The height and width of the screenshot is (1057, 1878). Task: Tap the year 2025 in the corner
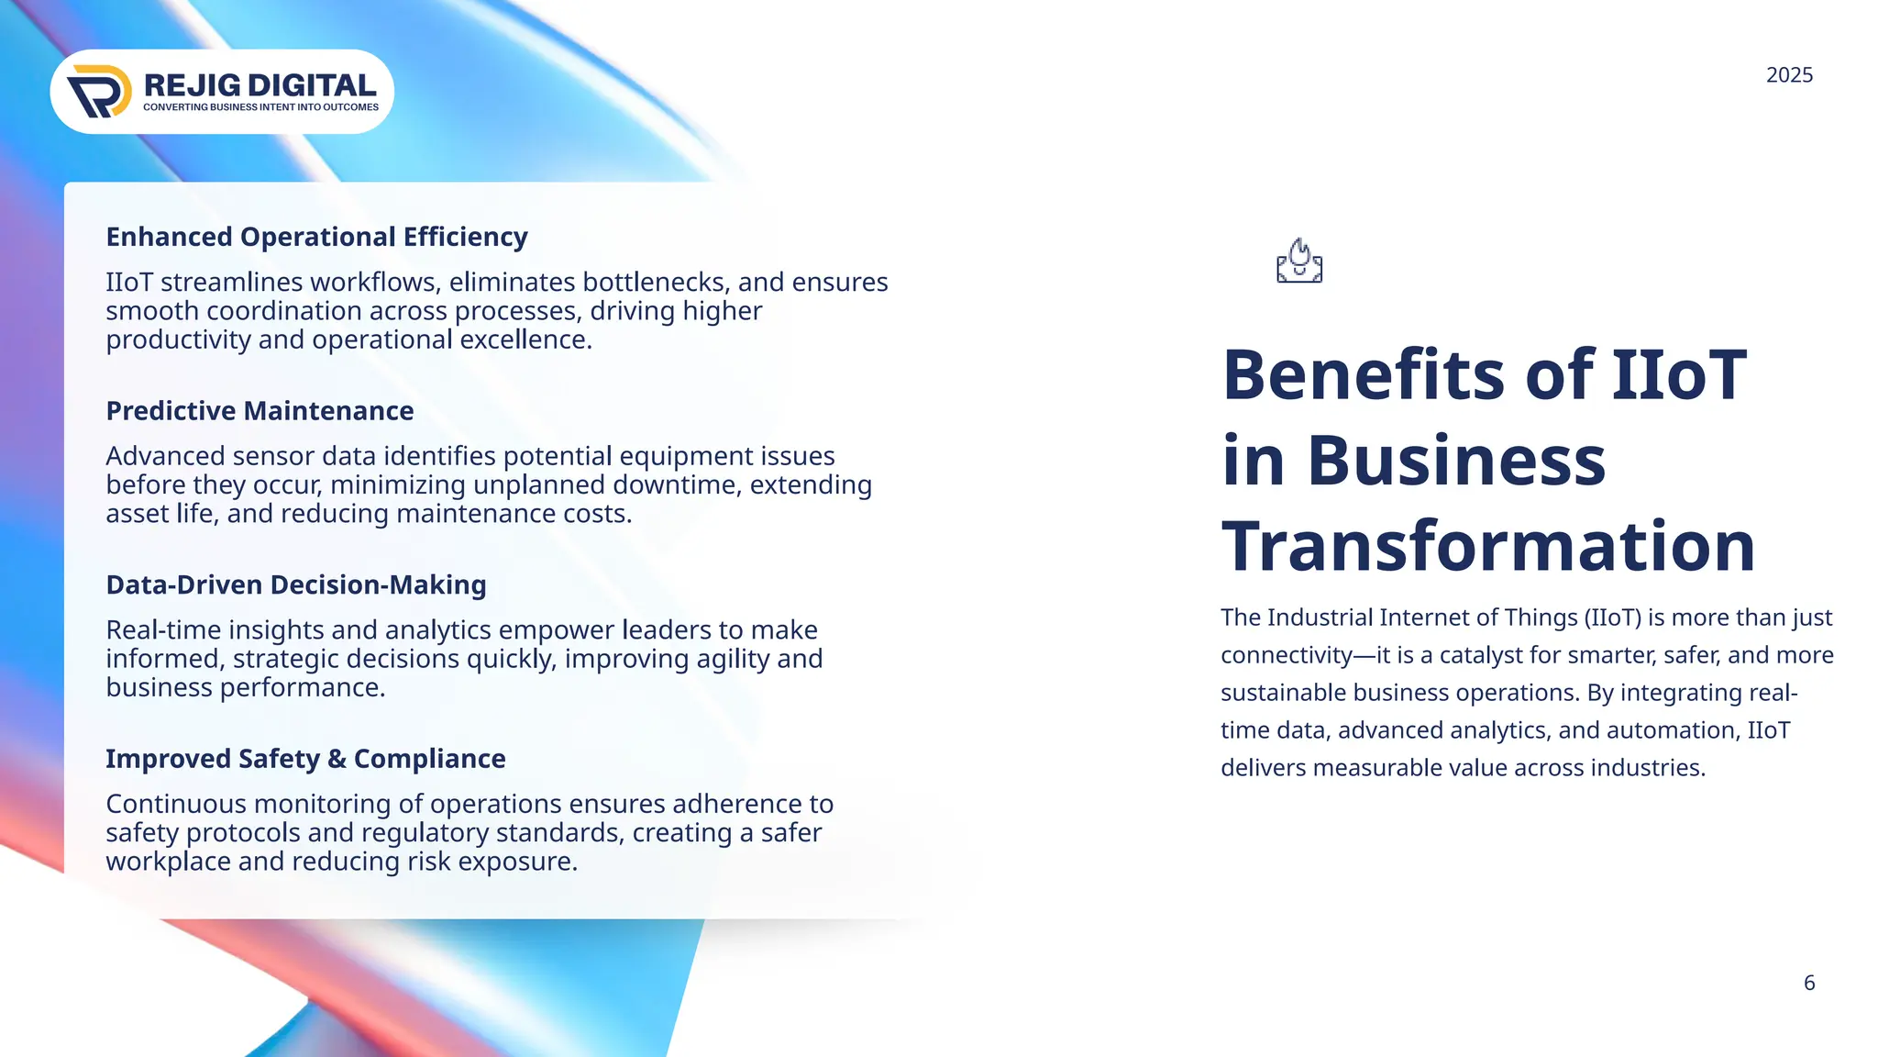pos(1789,75)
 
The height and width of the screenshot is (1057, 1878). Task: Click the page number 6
pos(1809,983)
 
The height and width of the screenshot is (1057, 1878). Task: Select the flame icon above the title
pos(1299,261)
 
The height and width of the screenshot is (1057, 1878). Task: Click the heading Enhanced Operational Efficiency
pos(316,237)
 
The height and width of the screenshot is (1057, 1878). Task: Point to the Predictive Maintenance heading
pos(260,411)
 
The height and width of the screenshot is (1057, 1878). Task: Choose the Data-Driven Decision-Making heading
pos(295,584)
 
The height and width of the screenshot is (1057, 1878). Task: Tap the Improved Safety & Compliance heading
pos(305,759)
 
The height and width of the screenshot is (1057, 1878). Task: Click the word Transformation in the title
pos(1487,546)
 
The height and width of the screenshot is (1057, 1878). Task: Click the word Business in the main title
pos(1456,460)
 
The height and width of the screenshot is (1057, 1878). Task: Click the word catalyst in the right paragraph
pos(1478,655)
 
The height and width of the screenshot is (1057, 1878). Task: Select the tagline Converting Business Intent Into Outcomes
pos(260,107)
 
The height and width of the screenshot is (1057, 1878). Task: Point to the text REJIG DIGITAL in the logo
pos(260,85)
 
